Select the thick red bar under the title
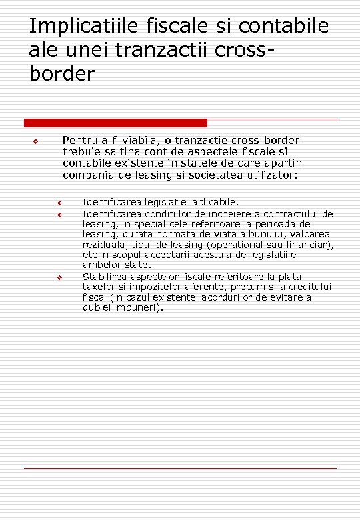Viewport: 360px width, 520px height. (x=115, y=123)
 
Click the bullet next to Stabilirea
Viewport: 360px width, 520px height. (x=59, y=277)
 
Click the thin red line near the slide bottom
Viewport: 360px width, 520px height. (x=180, y=469)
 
